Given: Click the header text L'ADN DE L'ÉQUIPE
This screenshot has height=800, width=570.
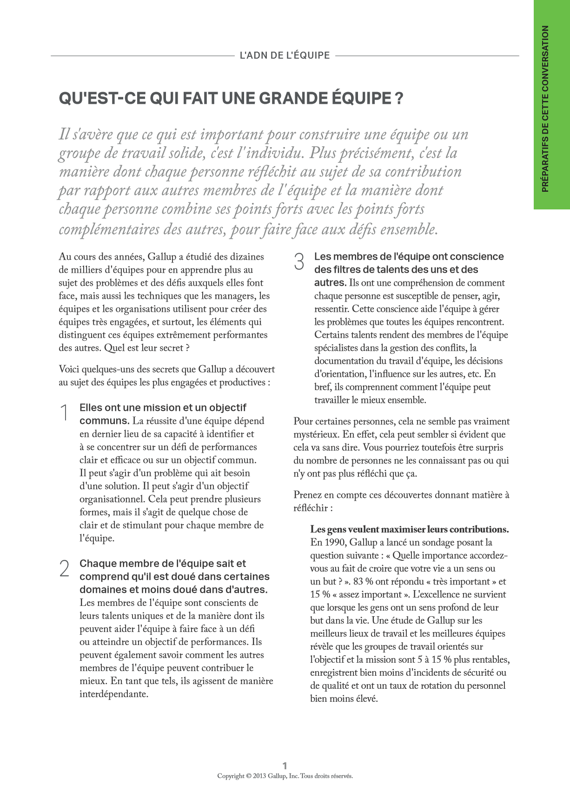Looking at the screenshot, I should click(x=285, y=55).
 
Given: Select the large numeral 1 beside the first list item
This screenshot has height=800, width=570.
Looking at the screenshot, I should click(x=64, y=413).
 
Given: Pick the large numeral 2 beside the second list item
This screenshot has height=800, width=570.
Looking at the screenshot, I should click(x=64, y=569).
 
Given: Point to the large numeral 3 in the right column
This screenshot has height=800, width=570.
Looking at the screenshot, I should click(x=299, y=262).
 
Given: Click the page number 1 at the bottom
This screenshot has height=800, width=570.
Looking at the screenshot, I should click(x=285, y=766).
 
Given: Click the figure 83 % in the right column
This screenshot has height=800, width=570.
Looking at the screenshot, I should click(x=363, y=581).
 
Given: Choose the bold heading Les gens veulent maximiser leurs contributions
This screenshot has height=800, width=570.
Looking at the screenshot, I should click(x=409, y=529).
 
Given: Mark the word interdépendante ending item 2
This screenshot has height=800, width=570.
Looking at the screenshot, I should click(x=113, y=694).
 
